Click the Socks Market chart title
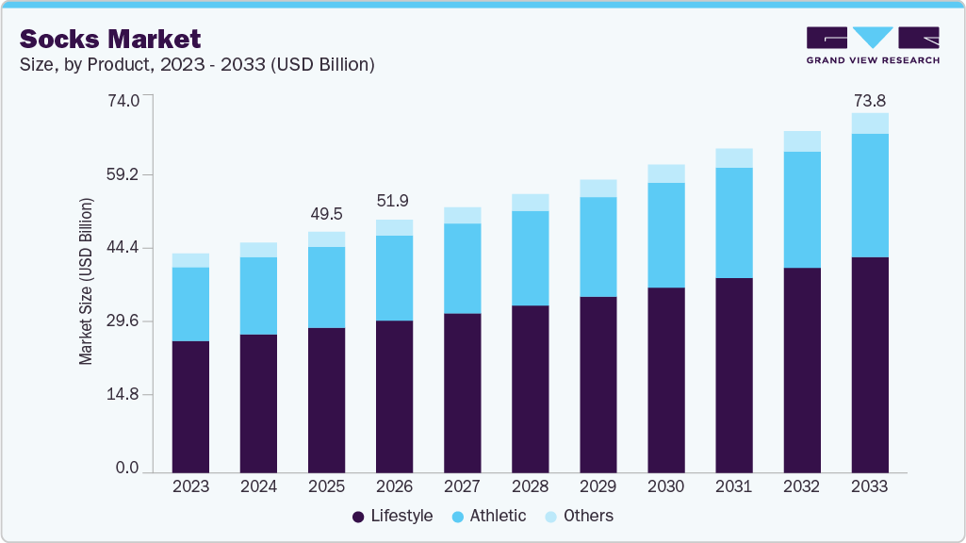[110, 39]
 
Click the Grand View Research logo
[872, 44]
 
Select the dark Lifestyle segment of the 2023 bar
[190, 405]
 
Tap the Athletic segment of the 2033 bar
[870, 195]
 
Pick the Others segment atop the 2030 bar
[666, 173]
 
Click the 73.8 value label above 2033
[870, 101]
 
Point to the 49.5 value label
[326, 215]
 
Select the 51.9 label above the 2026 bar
[394, 201]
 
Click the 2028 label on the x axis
[530, 487]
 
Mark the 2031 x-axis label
[733, 487]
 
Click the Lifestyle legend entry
[392, 516]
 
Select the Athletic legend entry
[489, 516]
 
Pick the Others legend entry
[580, 516]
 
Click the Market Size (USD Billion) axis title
[86, 282]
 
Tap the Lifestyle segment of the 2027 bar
[462, 391]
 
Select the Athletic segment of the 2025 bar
[326, 288]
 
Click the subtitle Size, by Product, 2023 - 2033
[197, 65]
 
